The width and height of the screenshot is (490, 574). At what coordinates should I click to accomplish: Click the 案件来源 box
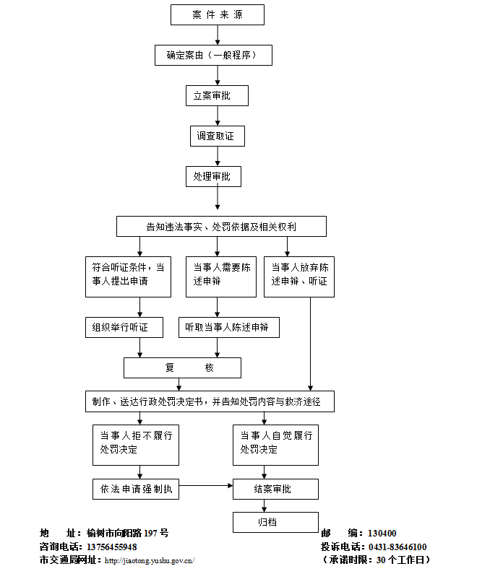[217, 14]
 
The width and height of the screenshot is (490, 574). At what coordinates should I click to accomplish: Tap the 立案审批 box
[217, 95]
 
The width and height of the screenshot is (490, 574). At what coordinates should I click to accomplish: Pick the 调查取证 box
[217, 136]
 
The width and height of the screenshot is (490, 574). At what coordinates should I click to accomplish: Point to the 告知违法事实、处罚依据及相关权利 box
[221, 227]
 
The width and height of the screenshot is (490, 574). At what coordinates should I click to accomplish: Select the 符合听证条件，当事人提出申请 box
[127, 277]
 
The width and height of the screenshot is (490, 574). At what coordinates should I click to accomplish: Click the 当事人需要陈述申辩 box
[220, 277]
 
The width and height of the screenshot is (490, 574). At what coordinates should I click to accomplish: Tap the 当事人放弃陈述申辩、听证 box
[299, 277]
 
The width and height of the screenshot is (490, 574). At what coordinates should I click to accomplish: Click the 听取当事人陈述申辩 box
[228, 327]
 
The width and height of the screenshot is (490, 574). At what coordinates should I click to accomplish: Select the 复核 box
[182, 368]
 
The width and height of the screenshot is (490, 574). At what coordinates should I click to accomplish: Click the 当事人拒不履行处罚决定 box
[136, 445]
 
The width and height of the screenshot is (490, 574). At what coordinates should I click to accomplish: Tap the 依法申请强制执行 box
[136, 489]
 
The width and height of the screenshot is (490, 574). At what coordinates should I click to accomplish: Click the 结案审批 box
[275, 489]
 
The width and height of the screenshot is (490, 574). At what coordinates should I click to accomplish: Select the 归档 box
[275, 522]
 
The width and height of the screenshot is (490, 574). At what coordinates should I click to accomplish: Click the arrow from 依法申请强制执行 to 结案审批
[205, 486]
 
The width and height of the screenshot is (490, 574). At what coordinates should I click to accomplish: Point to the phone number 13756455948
[111, 547]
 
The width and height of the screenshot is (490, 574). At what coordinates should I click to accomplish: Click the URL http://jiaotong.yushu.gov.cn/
[150, 560]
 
